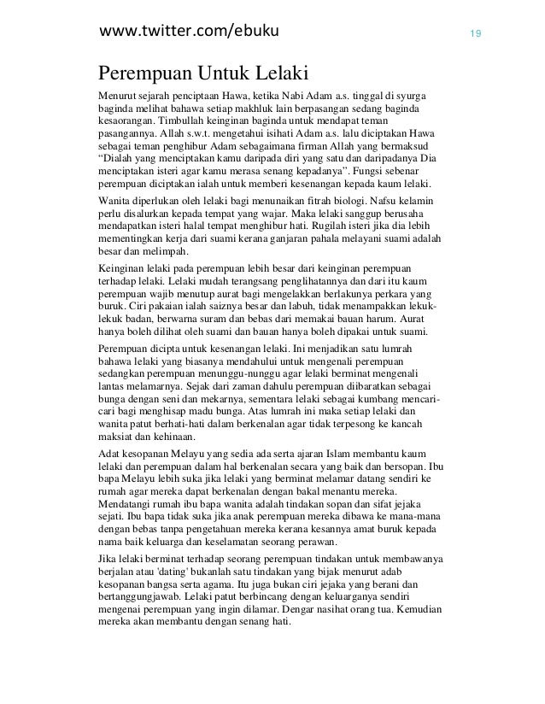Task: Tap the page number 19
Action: click(x=472, y=34)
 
